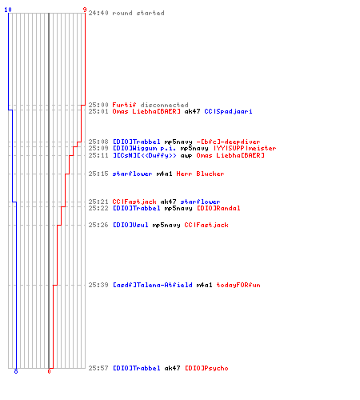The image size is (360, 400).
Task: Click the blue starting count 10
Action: tap(8, 10)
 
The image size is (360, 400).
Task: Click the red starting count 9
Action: tap(85, 10)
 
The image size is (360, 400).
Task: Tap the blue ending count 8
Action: tap(16, 371)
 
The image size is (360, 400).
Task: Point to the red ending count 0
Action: tap(49, 371)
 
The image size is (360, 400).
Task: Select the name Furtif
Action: tap(124, 105)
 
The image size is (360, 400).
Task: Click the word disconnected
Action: tap(164, 105)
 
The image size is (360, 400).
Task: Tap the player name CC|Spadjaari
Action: tap(228, 111)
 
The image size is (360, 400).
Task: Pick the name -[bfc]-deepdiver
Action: tap(228, 142)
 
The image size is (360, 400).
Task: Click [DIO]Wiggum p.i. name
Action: tap(144, 148)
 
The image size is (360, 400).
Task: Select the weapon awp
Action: tap(186, 155)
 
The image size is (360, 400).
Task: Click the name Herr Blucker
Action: tap(200, 174)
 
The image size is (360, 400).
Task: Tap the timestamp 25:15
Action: tap(98, 174)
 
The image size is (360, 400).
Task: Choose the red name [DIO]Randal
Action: tap(218, 208)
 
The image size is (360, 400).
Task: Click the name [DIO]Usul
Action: tap(130, 225)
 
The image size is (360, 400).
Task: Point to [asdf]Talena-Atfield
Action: tap(153, 285)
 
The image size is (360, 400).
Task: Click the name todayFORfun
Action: tap(238, 285)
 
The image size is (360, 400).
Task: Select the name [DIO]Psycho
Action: tap(206, 368)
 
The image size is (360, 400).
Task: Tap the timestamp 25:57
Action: tap(98, 368)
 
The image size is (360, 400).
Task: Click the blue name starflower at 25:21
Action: tap(200, 202)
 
